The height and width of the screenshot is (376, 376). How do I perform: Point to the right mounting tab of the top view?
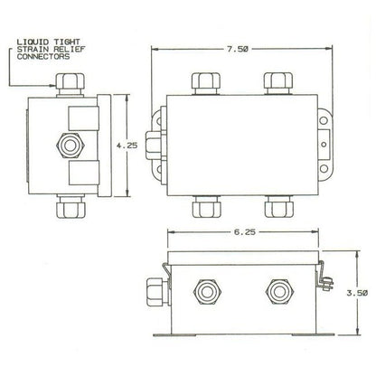click(x=321, y=144)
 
